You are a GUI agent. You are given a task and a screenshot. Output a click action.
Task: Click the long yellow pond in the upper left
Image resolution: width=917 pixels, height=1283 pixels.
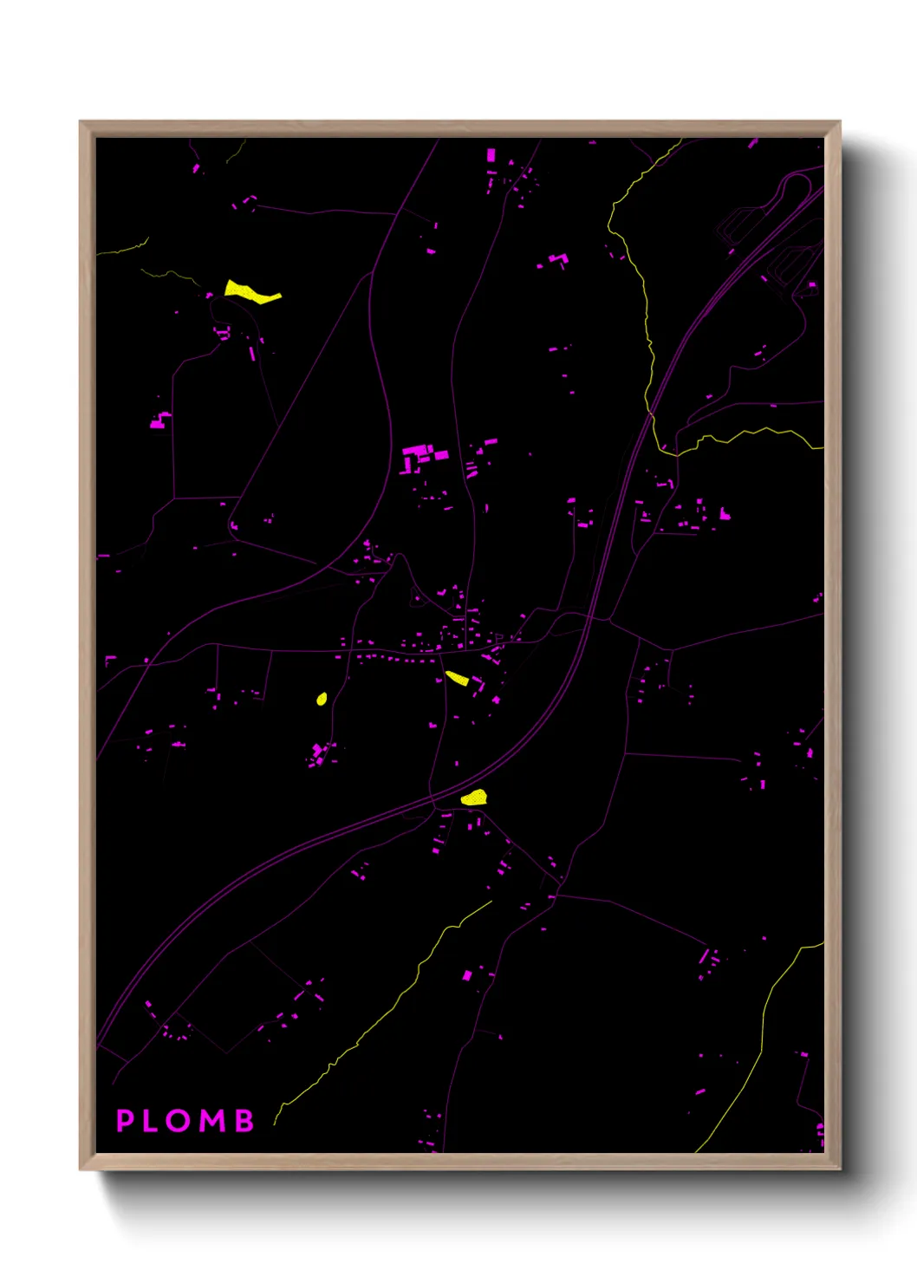[250, 292]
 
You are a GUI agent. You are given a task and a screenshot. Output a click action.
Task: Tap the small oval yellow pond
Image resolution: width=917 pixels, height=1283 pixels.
[322, 699]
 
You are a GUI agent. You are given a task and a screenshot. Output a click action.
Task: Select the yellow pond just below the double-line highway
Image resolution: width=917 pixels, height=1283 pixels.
[474, 798]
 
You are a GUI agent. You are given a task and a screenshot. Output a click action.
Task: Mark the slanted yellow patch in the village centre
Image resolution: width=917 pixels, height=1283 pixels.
[457, 678]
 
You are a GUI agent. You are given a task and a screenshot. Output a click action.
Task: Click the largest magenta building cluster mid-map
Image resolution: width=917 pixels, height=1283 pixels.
[420, 456]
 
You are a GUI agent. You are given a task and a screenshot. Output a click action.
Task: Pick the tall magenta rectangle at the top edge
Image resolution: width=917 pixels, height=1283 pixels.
[491, 155]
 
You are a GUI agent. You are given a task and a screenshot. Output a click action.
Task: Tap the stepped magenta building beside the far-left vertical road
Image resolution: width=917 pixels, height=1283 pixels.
[159, 421]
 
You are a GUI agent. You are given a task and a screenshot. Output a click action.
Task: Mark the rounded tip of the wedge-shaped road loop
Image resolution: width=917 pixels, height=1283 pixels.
[232, 523]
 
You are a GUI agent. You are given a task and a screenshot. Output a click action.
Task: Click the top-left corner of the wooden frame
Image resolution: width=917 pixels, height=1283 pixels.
[81, 122]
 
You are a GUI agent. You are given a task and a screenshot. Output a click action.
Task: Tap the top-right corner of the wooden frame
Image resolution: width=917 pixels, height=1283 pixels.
[839, 122]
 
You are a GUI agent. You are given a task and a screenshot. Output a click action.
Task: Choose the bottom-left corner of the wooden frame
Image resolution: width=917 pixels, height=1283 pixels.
[81, 1169]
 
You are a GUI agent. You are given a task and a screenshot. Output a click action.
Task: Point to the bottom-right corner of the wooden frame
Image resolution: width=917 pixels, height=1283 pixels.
[839, 1169]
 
